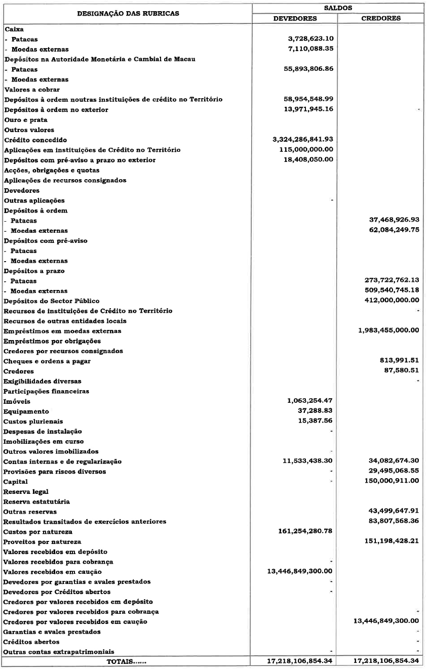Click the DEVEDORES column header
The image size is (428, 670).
pyautogui.click(x=295, y=18)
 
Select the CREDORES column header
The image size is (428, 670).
pyautogui.click(x=381, y=18)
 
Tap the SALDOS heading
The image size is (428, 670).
pyautogui.click(x=338, y=8)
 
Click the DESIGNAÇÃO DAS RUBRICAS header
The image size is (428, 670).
pyautogui.click(x=128, y=13)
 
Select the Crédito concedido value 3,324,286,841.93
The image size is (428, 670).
pyautogui.click(x=302, y=140)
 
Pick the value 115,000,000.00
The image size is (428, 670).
pyautogui.click(x=306, y=150)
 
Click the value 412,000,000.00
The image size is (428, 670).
pyautogui.click(x=389, y=301)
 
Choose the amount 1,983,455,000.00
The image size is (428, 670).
pyautogui.click(x=386, y=331)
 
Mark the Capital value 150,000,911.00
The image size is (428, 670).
pyautogui.click(x=389, y=481)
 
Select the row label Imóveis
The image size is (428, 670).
pyautogui.click(x=17, y=401)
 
